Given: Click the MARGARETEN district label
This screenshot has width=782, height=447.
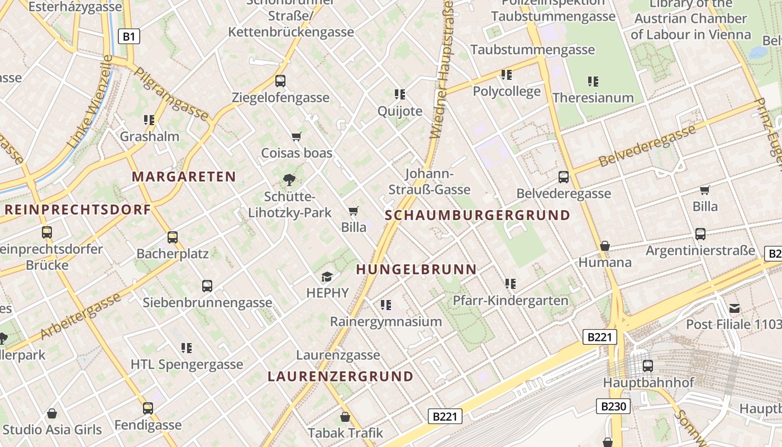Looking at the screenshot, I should tap(184, 177).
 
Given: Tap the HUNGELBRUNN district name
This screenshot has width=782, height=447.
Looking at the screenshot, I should tap(416, 269).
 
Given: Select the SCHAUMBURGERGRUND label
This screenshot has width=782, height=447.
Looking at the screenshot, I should tap(478, 215).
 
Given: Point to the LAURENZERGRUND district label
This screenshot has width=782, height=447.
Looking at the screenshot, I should tap(340, 376).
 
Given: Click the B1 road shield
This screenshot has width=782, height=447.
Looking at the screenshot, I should tap(129, 37).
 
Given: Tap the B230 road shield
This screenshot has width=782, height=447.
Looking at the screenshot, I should tap(613, 406).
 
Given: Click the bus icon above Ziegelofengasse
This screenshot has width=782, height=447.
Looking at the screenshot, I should tap(280, 81).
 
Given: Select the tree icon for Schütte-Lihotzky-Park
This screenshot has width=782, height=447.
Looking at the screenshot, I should tap(289, 180).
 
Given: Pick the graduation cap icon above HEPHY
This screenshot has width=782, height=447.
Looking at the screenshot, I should tap(327, 277).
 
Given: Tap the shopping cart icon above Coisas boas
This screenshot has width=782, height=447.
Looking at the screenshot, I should tap(297, 137).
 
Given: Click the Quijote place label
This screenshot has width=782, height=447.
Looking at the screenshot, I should tap(400, 111).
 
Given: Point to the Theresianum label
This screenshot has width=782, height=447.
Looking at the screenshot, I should tap(593, 98).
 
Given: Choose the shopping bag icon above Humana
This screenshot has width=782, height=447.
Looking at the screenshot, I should tap(604, 246).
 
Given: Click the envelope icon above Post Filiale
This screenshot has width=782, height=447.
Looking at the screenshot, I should tap(735, 308).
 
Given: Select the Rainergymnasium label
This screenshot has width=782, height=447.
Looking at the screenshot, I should tap(385, 322).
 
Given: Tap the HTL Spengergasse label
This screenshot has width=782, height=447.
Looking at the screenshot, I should tap(187, 365).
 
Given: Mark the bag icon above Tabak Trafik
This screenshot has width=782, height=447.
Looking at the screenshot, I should tap(345, 416).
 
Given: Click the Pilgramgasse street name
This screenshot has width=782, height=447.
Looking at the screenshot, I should tap(171, 94).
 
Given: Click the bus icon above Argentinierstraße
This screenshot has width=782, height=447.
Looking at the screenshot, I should tap(700, 234).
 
